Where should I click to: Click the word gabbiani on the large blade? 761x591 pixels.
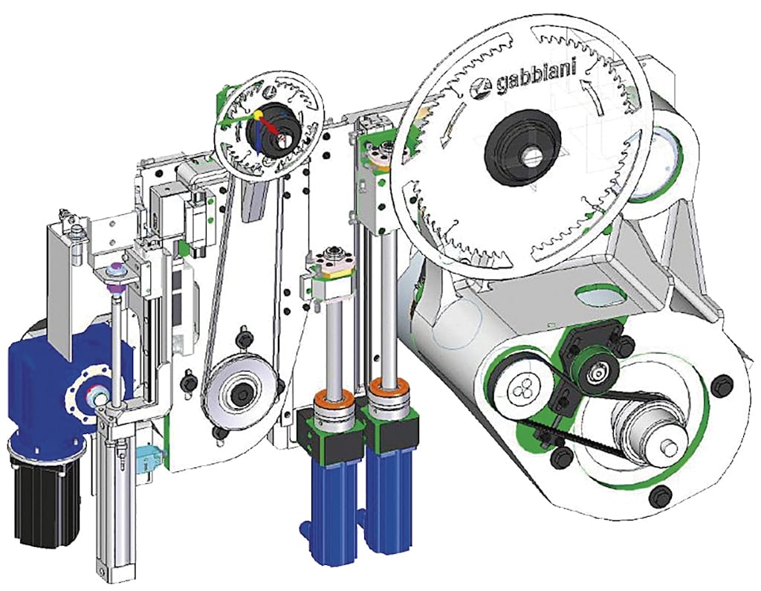coord(536,78)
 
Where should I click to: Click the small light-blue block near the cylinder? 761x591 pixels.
coord(149,456)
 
